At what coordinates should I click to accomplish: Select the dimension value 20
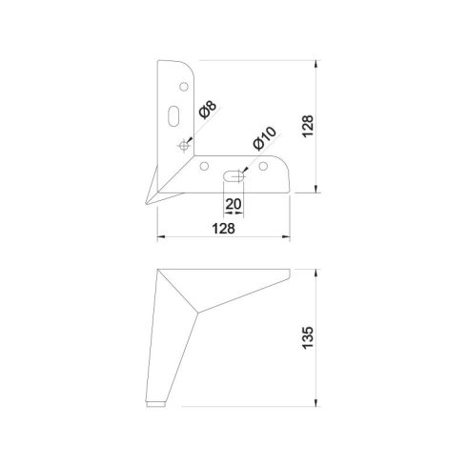pos(233,203)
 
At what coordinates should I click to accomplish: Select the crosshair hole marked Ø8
pos(183,145)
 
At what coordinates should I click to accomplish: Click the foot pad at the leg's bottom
pos(159,404)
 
